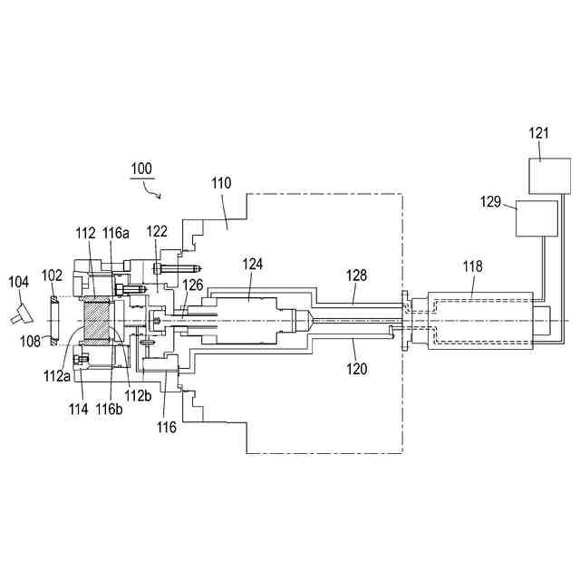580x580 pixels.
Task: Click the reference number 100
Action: (x=141, y=169)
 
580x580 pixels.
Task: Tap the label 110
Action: (x=221, y=183)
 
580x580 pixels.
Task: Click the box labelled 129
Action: (x=536, y=217)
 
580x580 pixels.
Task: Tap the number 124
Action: (x=253, y=265)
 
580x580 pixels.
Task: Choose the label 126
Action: (x=193, y=285)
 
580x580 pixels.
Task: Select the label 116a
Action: (x=116, y=234)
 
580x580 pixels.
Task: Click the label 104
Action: (x=18, y=283)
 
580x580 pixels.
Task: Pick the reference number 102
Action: (x=53, y=274)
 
